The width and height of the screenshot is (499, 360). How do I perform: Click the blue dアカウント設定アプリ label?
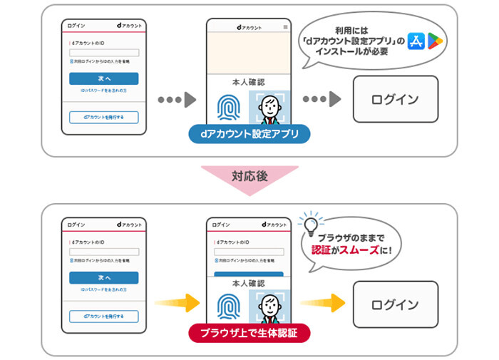pos(249,133)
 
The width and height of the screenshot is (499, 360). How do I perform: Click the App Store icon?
pos(415,41)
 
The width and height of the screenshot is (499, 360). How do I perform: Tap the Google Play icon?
pos(436,41)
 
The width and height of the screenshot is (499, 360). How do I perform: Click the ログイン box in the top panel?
pos(395,99)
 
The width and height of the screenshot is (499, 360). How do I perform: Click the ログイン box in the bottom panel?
pos(395,304)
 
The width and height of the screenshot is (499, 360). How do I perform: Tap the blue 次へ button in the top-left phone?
pos(104,78)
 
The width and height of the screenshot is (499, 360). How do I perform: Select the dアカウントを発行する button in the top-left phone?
pos(104,118)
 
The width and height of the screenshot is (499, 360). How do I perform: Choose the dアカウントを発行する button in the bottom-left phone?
pos(104,317)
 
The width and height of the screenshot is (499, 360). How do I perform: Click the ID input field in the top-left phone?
pos(104,53)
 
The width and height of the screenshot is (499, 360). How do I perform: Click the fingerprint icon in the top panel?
pos(227,110)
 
